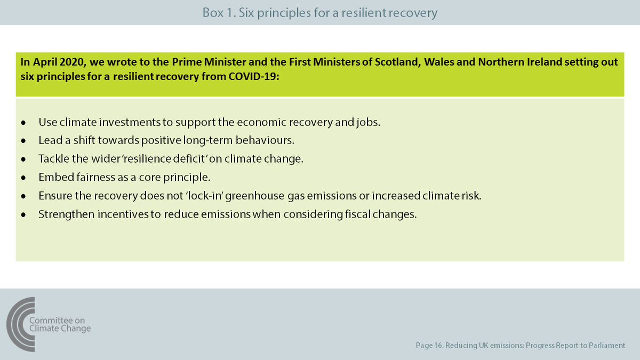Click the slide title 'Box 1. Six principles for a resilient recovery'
tap(319, 12)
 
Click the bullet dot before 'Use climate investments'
tap(23, 123)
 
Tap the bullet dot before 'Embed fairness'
tap(23, 178)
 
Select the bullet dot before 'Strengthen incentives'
tap(23, 214)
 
